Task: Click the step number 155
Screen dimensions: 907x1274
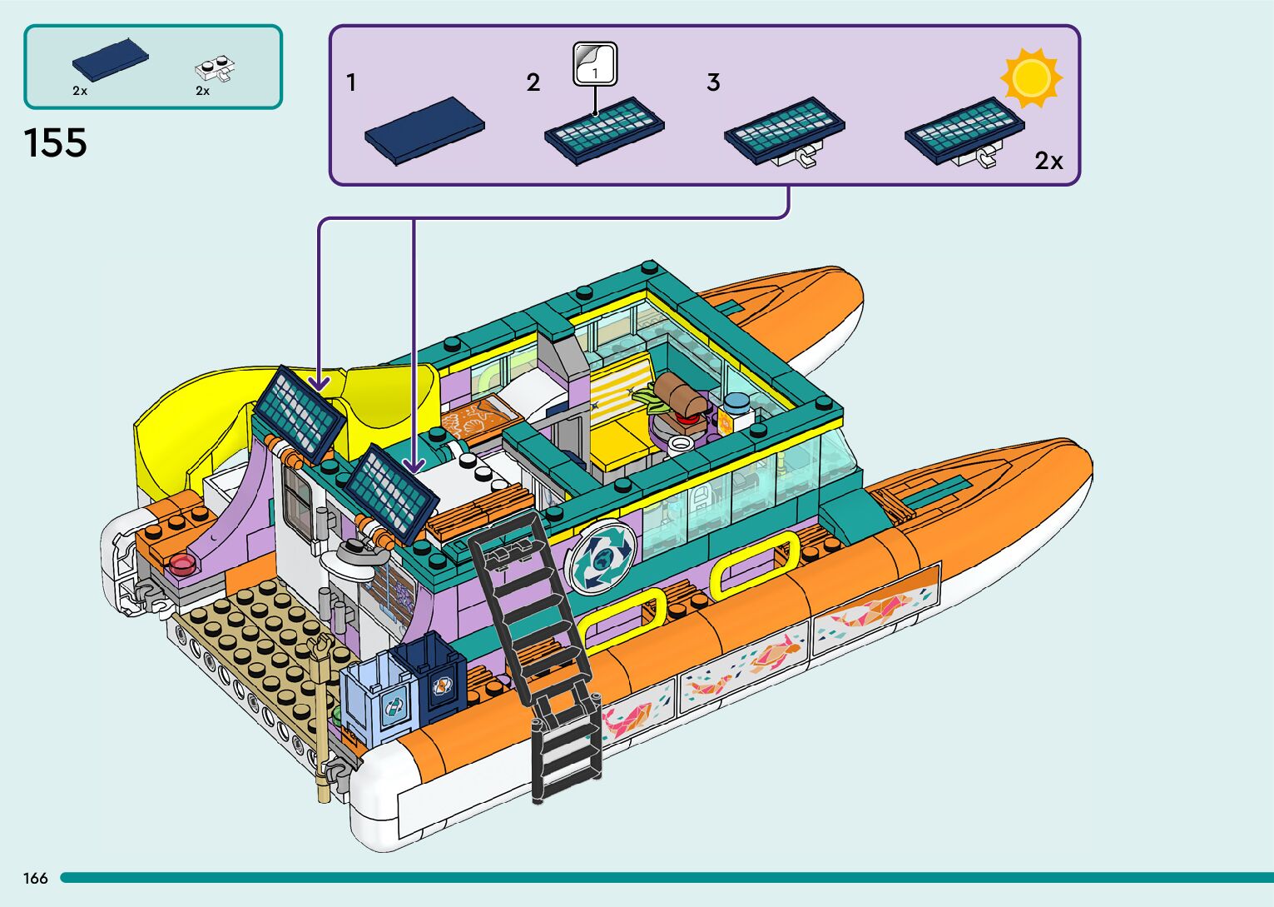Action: [56, 143]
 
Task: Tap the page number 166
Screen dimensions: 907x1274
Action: [36, 878]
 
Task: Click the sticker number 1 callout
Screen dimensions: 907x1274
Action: [595, 65]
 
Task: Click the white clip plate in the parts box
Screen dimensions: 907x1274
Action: [215, 68]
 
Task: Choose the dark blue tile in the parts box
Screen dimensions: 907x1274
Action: [110, 56]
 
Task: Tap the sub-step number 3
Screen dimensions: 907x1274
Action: [713, 82]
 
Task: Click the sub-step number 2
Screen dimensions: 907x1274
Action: [533, 82]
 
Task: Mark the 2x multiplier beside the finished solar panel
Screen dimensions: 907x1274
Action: [1048, 161]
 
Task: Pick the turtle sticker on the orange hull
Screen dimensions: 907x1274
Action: [774, 654]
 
